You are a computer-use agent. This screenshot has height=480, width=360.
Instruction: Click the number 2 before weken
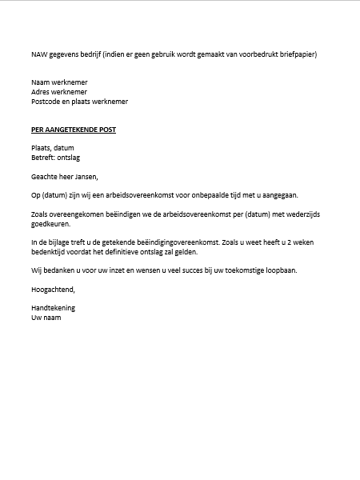coord(292,242)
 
